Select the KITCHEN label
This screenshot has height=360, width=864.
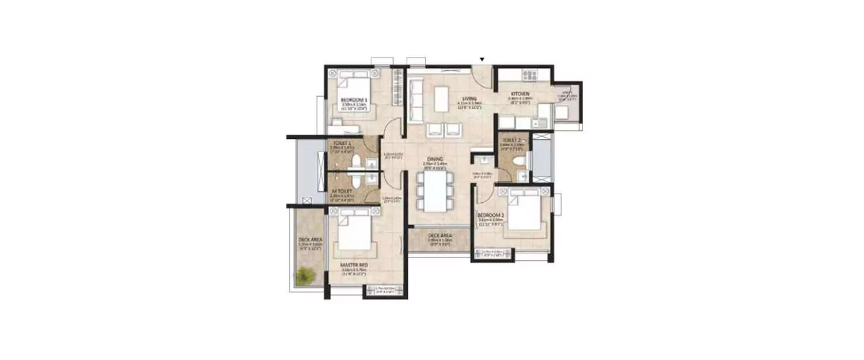coord(519,94)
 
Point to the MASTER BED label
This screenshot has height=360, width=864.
coord(351,265)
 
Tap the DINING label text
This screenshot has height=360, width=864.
coord(435,160)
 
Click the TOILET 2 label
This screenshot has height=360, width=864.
coord(511,140)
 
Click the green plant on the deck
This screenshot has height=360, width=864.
coord(304,276)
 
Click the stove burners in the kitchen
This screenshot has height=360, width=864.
coord(529,75)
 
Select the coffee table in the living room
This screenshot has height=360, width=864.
coord(441,98)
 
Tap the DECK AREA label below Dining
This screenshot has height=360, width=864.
coord(439,236)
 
